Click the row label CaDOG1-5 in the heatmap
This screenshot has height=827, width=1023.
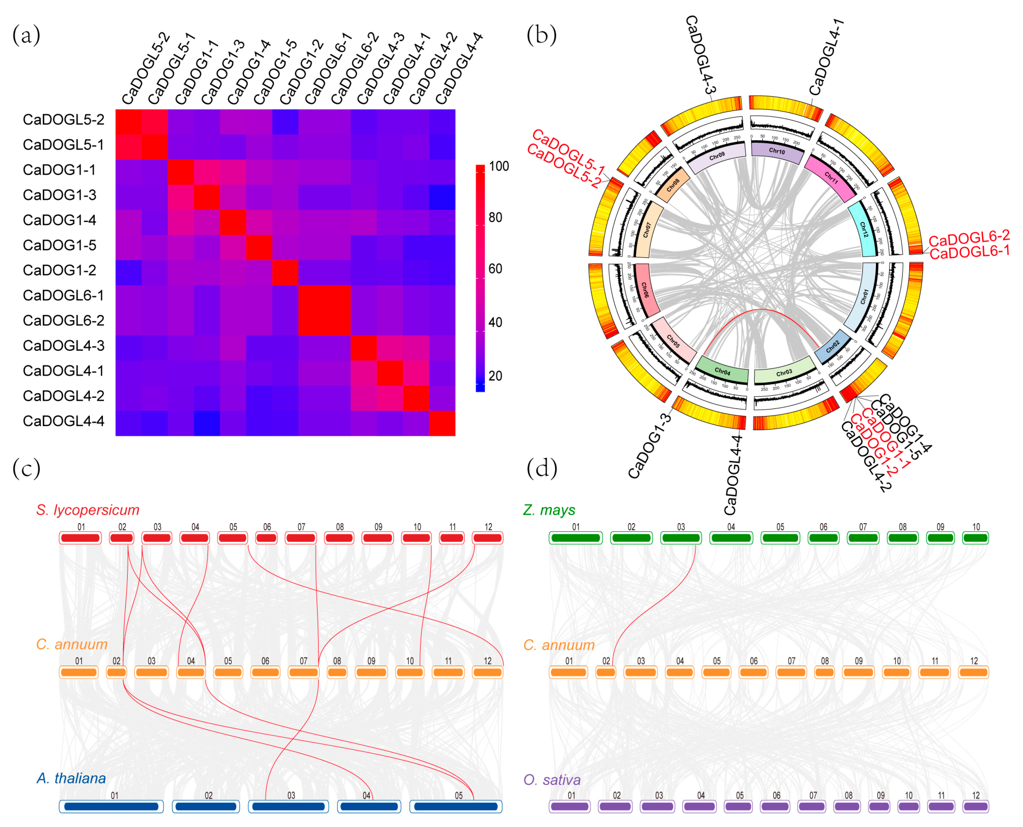(x=60, y=245)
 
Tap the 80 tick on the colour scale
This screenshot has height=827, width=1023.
(x=495, y=218)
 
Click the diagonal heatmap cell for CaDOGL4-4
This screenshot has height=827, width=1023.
(x=442, y=423)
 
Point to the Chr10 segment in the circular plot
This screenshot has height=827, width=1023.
(x=777, y=152)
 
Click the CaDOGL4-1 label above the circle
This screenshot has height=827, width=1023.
(x=826, y=57)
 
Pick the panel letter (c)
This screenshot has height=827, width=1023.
(x=26, y=468)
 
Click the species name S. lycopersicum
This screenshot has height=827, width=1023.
(x=88, y=510)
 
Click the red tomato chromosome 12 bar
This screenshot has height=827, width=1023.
(x=488, y=538)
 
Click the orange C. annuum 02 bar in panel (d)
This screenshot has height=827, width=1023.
(x=605, y=672)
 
